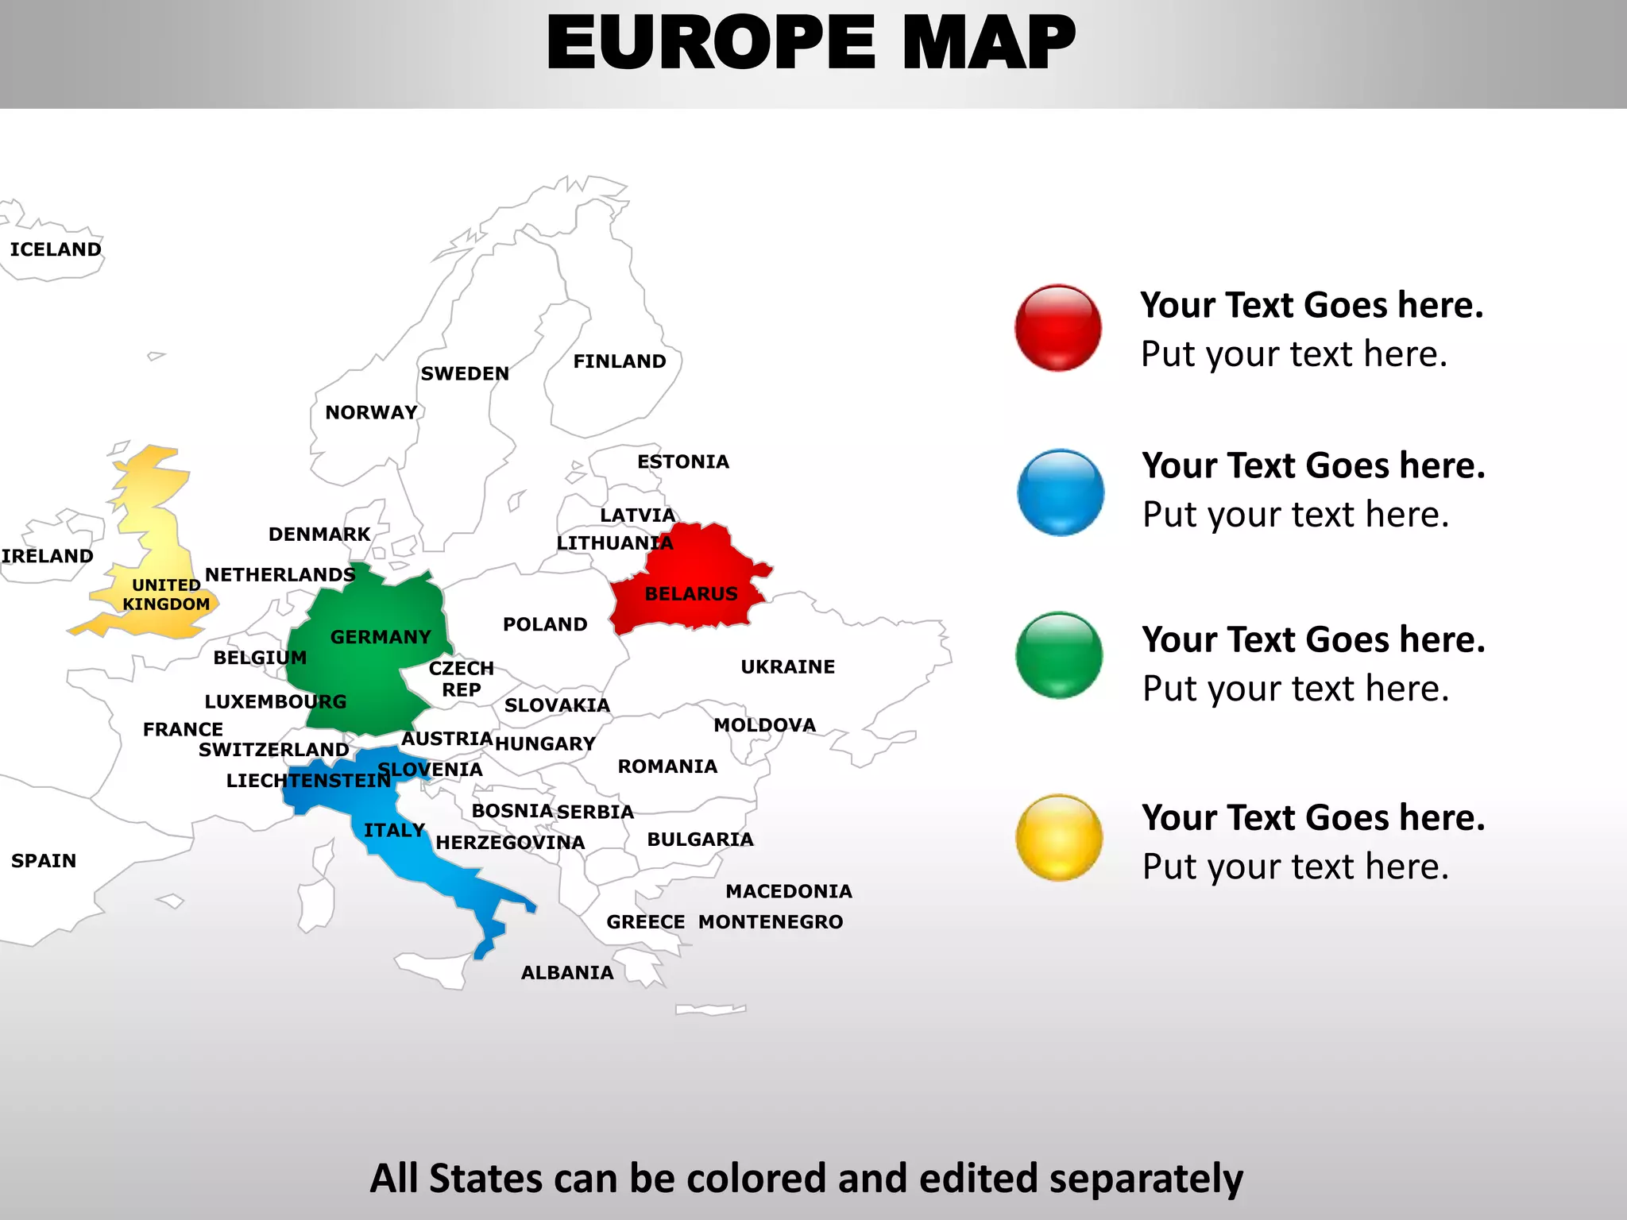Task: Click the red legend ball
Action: tap(1058, 328)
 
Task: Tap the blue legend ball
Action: tap(1061, 492)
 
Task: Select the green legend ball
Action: tap(1059, 655)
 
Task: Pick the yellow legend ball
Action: tap(1059, 837)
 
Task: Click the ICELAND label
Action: tap(56, 249)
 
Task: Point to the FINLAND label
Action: tap(620, 361)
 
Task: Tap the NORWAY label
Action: tap(371, 412)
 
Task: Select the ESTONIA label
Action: tap(683, 461)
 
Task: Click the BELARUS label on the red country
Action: tap(691, 594)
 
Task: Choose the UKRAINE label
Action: tap(788, 667)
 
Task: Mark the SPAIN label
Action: tap(44, 861)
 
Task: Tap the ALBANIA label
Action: tap(567, 973)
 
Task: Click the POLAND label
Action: tap(545, 624)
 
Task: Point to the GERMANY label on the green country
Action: tap(381, 637)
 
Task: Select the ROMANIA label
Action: tap(667, 766)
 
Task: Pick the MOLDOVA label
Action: tap(765, 725)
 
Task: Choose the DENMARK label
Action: tap(319, 535)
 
